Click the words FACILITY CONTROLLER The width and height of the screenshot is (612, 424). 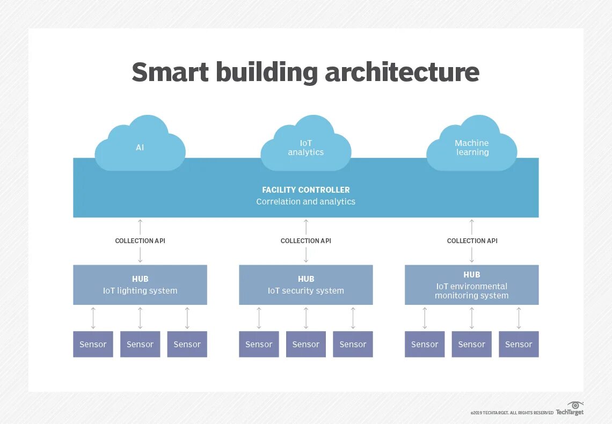306,190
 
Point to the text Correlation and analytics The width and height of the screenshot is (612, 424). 306,202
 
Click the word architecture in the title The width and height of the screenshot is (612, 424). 402,72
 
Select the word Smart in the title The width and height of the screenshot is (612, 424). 170,72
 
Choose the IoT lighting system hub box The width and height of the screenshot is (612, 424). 140,285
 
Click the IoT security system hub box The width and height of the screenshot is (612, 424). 306,285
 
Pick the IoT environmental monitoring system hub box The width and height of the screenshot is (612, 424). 472,285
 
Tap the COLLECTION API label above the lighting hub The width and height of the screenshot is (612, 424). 140,241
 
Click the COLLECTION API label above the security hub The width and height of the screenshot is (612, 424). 306,241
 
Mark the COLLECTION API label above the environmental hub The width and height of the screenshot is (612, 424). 472,241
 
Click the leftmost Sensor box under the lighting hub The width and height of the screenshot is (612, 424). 93,345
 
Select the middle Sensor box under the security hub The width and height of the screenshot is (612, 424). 306,345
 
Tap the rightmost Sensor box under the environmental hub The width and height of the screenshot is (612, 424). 519,345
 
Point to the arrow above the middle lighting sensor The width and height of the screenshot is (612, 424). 140,318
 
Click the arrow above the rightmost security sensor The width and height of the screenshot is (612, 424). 353,318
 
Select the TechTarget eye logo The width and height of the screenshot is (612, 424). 575,405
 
